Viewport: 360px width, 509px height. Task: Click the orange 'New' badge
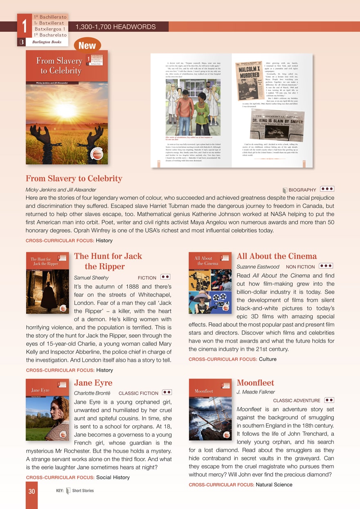click(87, 45)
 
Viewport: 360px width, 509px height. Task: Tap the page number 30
click(32, 491)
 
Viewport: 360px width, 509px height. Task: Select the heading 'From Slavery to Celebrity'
click(74, 179)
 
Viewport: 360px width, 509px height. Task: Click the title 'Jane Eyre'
click(93, 383)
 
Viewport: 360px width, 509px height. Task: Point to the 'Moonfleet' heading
click(255, 383)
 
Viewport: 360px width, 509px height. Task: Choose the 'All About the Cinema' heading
click(277, 256)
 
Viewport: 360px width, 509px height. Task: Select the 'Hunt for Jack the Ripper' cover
click(47, 283)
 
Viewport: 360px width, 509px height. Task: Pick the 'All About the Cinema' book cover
click(210, 283)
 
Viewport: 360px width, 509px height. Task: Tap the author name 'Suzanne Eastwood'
click(258, 267)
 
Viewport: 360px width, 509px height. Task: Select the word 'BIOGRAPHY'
click(302, 190)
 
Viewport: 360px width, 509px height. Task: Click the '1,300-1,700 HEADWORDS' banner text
click(115, 27)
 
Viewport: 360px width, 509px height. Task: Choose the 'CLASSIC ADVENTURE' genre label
click(296, 401)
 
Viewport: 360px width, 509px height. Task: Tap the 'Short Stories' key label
click(83, 491)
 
